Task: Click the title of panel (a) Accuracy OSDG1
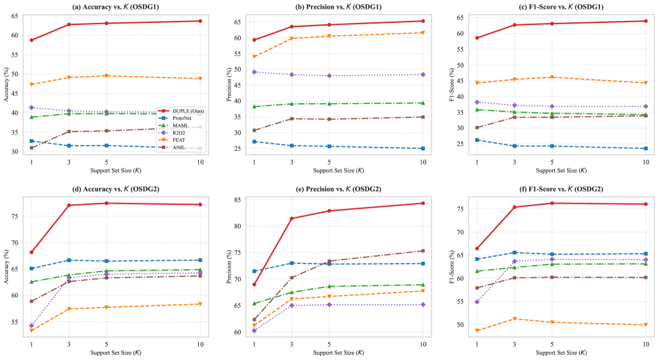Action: (115, 7)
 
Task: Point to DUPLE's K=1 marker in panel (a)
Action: (31, 40)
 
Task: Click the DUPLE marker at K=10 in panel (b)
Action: (423, 21)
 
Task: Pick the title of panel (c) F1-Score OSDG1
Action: (551, 7)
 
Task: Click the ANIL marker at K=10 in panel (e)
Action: (423, 251)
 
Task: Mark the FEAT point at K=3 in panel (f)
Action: (514, 319)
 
